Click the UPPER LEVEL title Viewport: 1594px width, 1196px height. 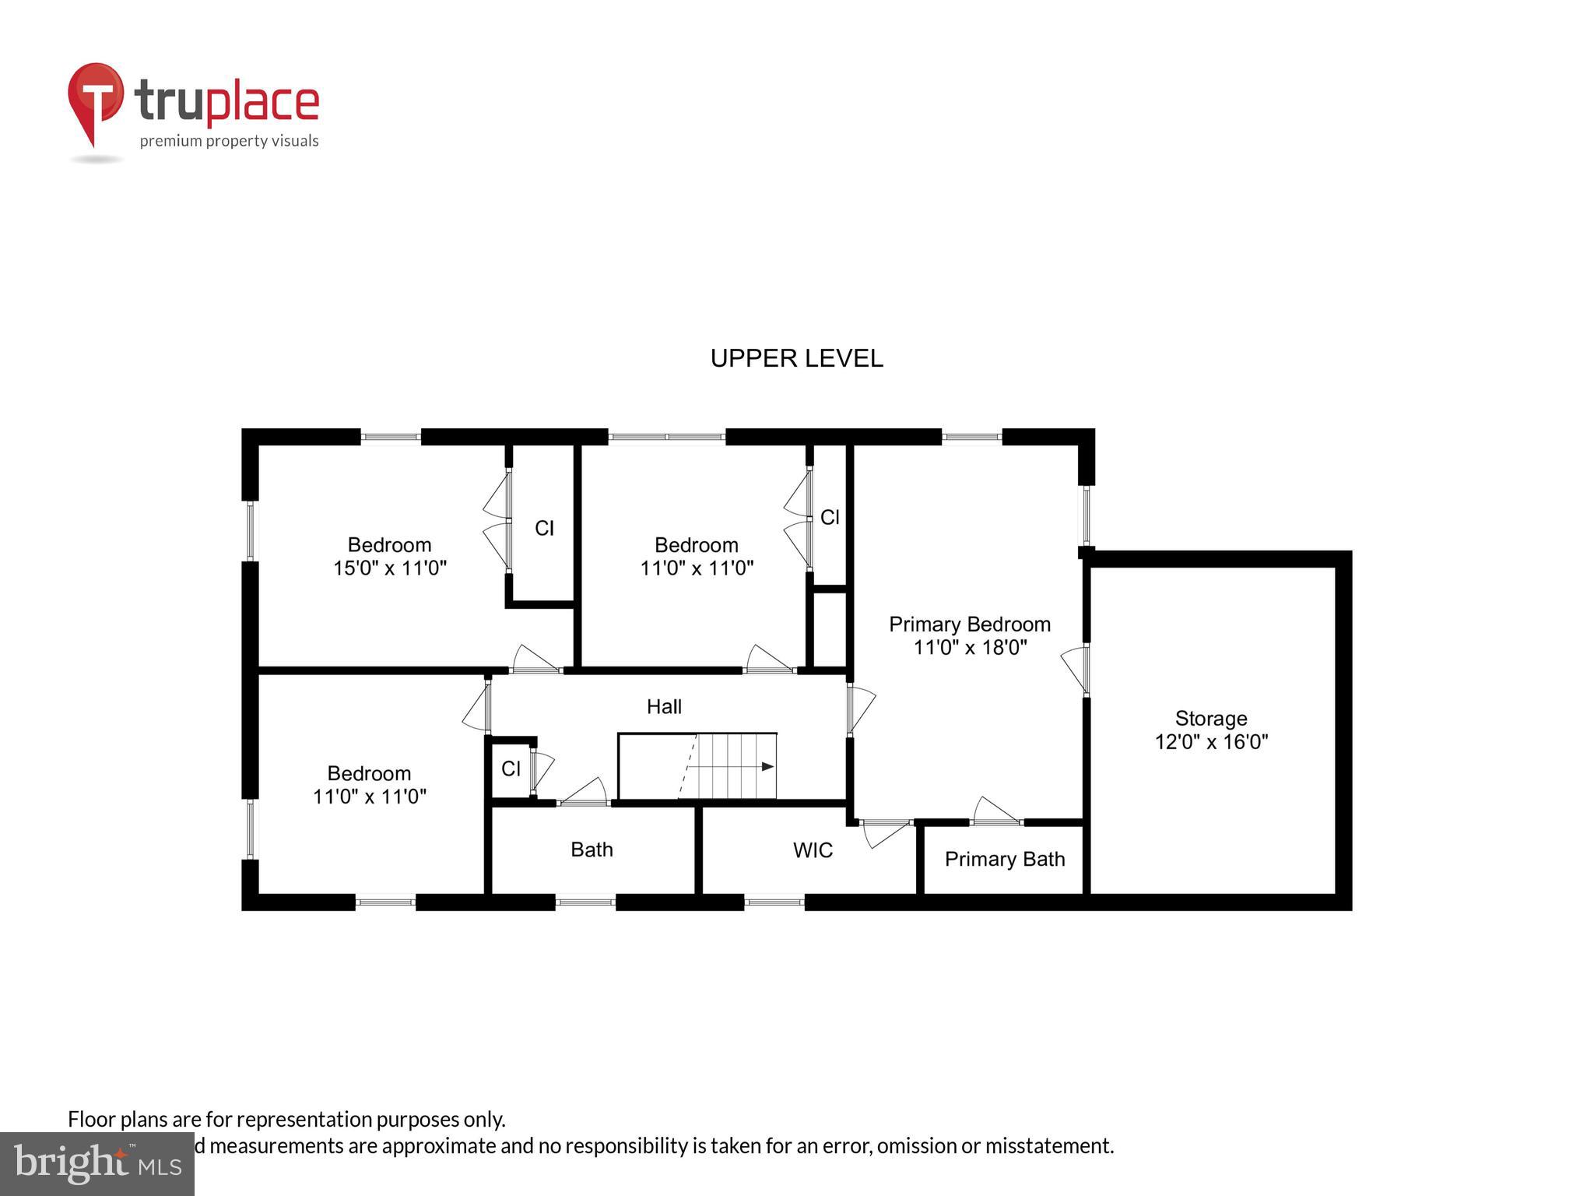(x=796, y=358)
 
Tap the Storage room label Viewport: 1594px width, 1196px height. (x=1210, y=718)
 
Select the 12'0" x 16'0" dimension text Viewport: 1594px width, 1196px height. (x=1210, y=741)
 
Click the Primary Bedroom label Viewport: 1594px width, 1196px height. (x=969, y=624)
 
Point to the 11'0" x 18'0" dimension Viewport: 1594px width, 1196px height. (x=969, y=647)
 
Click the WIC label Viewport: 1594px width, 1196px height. (x=813, y=850)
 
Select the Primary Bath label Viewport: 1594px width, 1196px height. (x=1004, y=859)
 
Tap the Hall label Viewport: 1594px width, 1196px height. (x=664, y=706)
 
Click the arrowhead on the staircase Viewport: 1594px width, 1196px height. (x=767, y=767)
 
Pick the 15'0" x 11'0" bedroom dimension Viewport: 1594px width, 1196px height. (x=389, y=568)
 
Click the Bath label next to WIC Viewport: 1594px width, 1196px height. (x=592, y=850)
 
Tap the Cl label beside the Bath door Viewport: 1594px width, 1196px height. (x=511, y=769)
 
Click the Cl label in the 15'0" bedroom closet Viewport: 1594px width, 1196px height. (x=544, y=529)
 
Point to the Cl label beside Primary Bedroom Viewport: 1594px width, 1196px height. (x=830, y=518)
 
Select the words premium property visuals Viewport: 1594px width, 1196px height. (x=229, y=141)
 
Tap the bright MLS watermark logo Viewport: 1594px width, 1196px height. (x=97, y=1164)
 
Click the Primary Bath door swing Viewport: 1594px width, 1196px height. (x=994, y=811)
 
